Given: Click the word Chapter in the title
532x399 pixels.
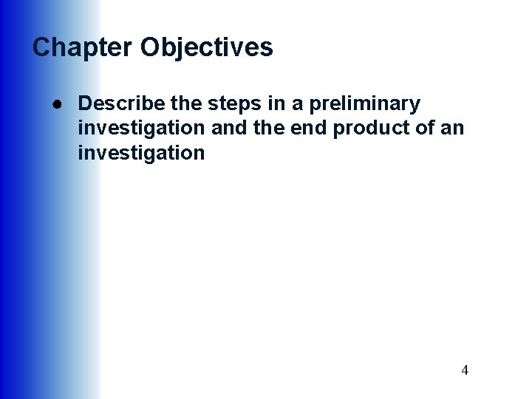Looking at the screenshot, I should (x=83, y=48).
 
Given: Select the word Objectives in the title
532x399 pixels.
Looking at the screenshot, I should (x=207, y=48).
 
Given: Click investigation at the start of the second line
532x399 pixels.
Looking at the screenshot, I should (x=141, y=128).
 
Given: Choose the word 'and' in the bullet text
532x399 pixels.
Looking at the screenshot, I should (x=227, y=128).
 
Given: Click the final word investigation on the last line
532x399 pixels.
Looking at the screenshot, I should (x=141, y=153).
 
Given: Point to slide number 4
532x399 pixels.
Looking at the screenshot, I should (x=465, y=370).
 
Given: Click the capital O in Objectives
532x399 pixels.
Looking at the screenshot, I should (x=151, y=48).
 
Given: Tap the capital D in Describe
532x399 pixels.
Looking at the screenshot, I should (x=84, y=103).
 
